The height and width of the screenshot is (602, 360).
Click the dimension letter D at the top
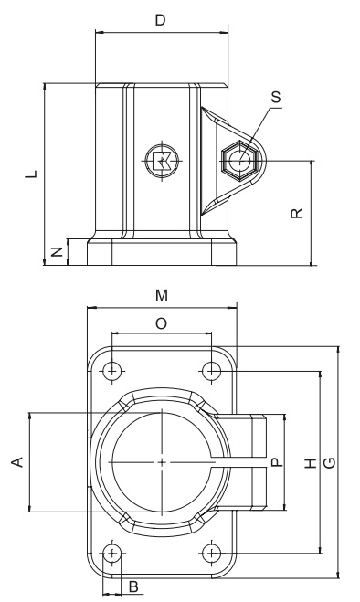161,20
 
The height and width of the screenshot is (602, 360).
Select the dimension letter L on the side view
31,173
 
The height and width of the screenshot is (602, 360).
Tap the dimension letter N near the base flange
57,251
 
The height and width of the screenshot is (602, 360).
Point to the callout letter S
277,94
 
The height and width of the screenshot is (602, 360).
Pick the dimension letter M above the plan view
161,295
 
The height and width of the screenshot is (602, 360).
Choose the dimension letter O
161,323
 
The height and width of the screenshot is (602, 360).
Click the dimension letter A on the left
16,463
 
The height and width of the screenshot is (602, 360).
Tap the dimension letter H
311,463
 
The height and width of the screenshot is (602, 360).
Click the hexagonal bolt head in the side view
241,161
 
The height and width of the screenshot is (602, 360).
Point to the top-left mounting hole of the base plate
111,371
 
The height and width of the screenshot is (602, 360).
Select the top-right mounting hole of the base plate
212,371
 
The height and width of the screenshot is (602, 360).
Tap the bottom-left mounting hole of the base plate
111,553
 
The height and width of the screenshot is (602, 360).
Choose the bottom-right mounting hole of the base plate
212,553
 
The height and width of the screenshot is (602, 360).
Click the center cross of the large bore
162,463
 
